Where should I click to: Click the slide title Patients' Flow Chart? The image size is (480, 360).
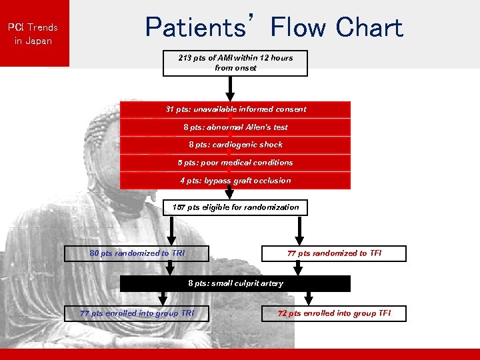[x=274, y=28]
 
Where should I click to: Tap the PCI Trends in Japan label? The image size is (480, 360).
[x=33, y=34]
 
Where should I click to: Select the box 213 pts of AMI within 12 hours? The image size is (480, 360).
[x=235, y=63]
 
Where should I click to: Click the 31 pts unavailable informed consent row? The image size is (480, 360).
[x=235, y=109]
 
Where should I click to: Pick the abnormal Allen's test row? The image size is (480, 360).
[x=235, y=127]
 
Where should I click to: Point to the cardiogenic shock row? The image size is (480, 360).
[x=235, y=145]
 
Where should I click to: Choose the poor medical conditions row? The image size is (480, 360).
[x=235, y=163]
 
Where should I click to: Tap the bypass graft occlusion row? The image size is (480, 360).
[x=235, y=181]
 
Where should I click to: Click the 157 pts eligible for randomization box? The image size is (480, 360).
[x=235, y=207]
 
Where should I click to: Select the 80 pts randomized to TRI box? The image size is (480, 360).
[x=137, y=253]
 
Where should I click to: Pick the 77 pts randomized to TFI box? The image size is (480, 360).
[x=334, y=253]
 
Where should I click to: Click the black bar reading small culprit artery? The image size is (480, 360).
[x=235, y=283]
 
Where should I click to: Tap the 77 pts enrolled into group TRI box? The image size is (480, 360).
[x=137, y=313]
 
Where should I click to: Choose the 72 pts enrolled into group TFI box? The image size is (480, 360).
[x=334, y=313]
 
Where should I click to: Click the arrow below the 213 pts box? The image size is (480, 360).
[x=230, y=88]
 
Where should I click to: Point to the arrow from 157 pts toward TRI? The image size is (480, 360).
[x=171, y=231]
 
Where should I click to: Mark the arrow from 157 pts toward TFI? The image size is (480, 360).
[x=299, y=231]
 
